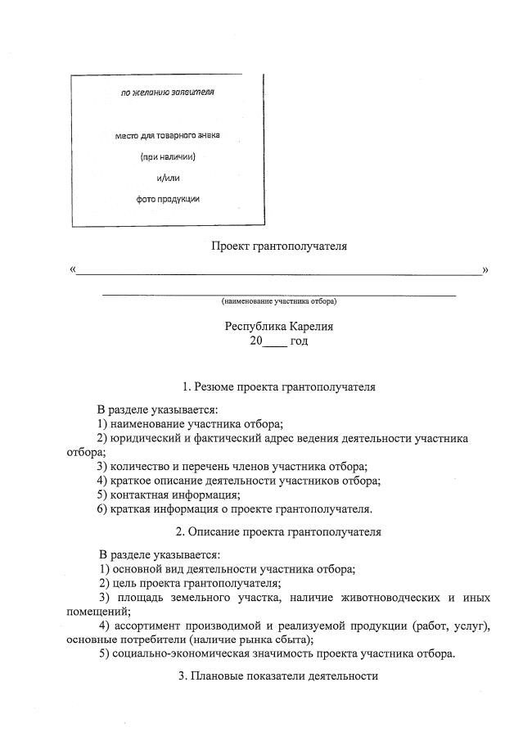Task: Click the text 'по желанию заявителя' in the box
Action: tap(167, 93)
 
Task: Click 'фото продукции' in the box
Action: tap(167, 198)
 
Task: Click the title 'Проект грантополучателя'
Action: tap(280, 245)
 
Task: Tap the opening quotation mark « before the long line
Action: tap(74, 269)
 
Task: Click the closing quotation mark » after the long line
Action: tap(485, 269)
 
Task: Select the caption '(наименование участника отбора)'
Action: tap(279, 301)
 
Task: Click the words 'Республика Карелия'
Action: tap(279, 326)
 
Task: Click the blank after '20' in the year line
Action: tap(274, 341)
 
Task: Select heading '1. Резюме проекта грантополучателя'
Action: tap(279, 386)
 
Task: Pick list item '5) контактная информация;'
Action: tap(169, 495)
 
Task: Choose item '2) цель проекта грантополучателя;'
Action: tap(190, 583)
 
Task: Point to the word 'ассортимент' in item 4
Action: tap(145, 626)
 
